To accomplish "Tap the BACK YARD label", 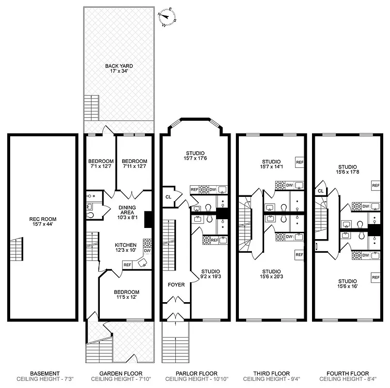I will (x=119, y=69).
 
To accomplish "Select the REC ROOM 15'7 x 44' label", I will (x=43, y=222).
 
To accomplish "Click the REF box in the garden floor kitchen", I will (x=127, y=265).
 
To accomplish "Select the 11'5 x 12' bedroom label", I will (x=126, y=295).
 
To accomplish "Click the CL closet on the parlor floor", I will (x=168, y=197).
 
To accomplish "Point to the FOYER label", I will (x=176, y=285).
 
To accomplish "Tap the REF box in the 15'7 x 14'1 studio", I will (x=299, y=162).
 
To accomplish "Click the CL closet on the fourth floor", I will (x=321, y=191).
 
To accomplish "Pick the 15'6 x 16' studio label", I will (x=347, y=284).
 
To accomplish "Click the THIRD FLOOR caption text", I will (x=271, y=373).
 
